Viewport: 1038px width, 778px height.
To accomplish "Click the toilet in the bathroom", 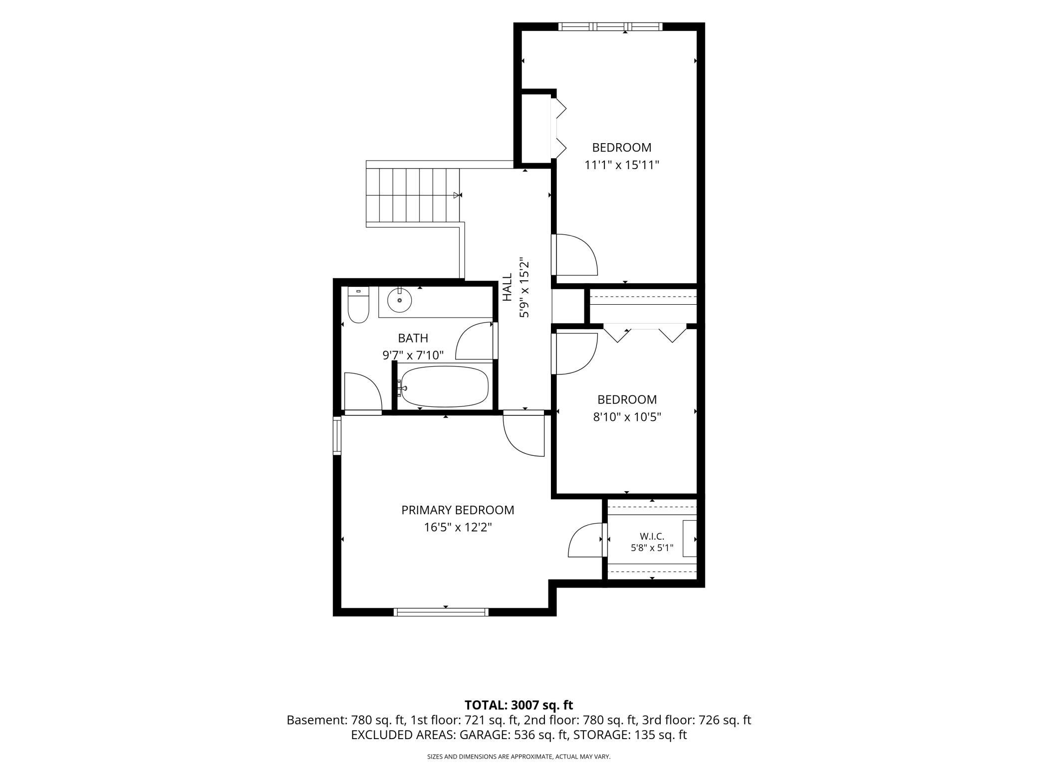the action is pyautogui.click(x=358, y=305).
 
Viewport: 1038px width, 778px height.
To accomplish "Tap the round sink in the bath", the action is pyautogui.click(x=399, y=300).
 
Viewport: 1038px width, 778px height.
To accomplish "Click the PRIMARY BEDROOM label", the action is pyautogui.click(x=458, y=510).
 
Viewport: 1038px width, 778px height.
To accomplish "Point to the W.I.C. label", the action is pyautogui.click(x=652, y=537).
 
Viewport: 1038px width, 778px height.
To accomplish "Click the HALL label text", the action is pyautogui.click(x=507, y=287).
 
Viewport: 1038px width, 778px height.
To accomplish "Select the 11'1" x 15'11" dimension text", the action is pyautogui.click(x=622, y=165).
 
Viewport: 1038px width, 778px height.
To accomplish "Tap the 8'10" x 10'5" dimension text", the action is pyautogui.click(x=627, y=417).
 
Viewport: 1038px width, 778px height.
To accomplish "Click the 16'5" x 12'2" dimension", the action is pyautogui.click(x=458, y=528).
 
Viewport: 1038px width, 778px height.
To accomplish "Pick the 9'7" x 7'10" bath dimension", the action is pyautogui.click(x=413, y=356).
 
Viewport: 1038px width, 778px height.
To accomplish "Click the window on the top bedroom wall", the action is pyautogui.click(x=611, y=27).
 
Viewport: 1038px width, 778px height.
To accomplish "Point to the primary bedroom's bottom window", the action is pyautogui.click(x=441, y=612).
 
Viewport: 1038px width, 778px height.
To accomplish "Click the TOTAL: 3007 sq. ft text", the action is pyautogui.click(x=519, y=705).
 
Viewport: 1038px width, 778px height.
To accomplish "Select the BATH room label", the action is pyautogui.click(x=413, y=338).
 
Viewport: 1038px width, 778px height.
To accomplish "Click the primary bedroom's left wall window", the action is pyautogui.click(x=337, y=435).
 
